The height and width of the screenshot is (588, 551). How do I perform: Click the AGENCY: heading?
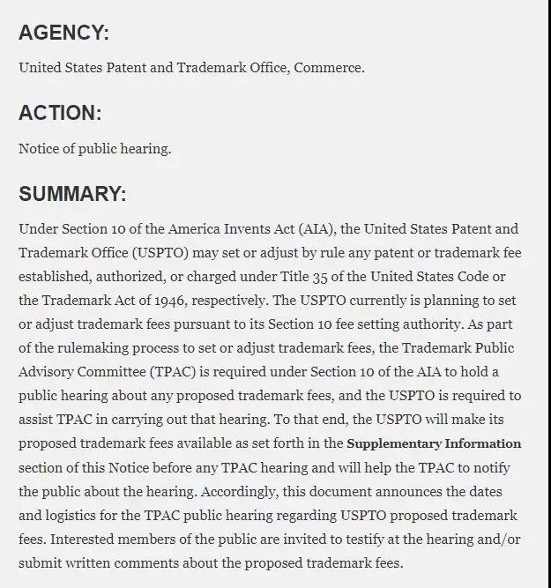tap(63, 33)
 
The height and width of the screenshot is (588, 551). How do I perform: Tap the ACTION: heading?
tap(60, 114)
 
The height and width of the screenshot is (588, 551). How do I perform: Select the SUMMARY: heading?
tap(72, 194)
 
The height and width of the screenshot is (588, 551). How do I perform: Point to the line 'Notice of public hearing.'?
tap(95, 148)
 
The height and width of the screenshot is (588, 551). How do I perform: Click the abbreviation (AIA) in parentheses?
tap(315, 229)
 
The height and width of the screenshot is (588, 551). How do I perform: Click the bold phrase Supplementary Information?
tap(434, 443)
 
